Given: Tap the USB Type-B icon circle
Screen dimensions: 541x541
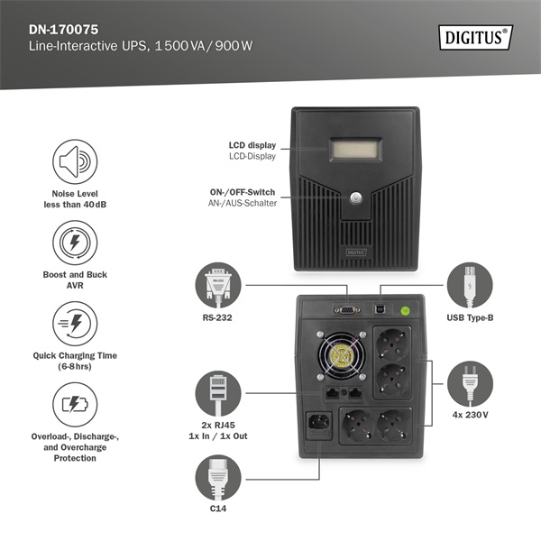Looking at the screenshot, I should click(x=470, y=287).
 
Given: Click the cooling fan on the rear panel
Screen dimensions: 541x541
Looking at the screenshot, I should click(x=342, y=356).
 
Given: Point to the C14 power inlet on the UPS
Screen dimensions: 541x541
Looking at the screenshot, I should click(x=321, y=423).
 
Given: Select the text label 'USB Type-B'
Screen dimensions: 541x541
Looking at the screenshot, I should click(x=470, y=317).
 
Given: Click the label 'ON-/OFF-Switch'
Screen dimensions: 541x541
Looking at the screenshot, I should click(x=243, y=191).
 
